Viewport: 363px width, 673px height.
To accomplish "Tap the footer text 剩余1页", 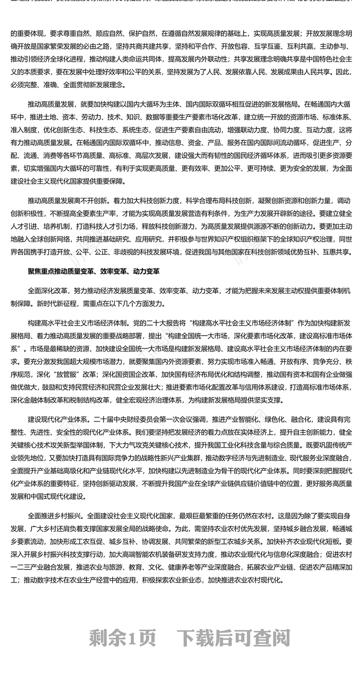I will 123,638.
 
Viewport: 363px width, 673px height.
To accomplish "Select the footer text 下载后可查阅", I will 233,638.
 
